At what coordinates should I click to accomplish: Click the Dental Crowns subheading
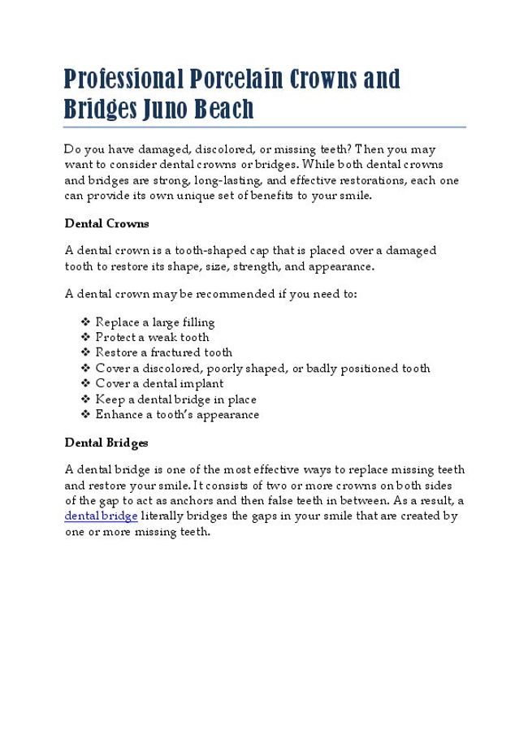click(106, 222)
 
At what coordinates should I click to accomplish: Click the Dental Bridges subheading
click(106, 443)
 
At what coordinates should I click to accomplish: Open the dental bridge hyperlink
click(101, 516)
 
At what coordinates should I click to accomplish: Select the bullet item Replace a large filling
click(154, 322)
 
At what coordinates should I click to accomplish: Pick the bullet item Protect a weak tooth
click(152, 337)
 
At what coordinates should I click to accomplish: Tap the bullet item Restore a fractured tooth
click(163, 352)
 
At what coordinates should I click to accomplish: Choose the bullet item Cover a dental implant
click(159, 383)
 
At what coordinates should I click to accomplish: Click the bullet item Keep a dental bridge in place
click(175, 399)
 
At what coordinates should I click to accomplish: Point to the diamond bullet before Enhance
click(86, 414)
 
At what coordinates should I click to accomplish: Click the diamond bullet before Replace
click(86, 322)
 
